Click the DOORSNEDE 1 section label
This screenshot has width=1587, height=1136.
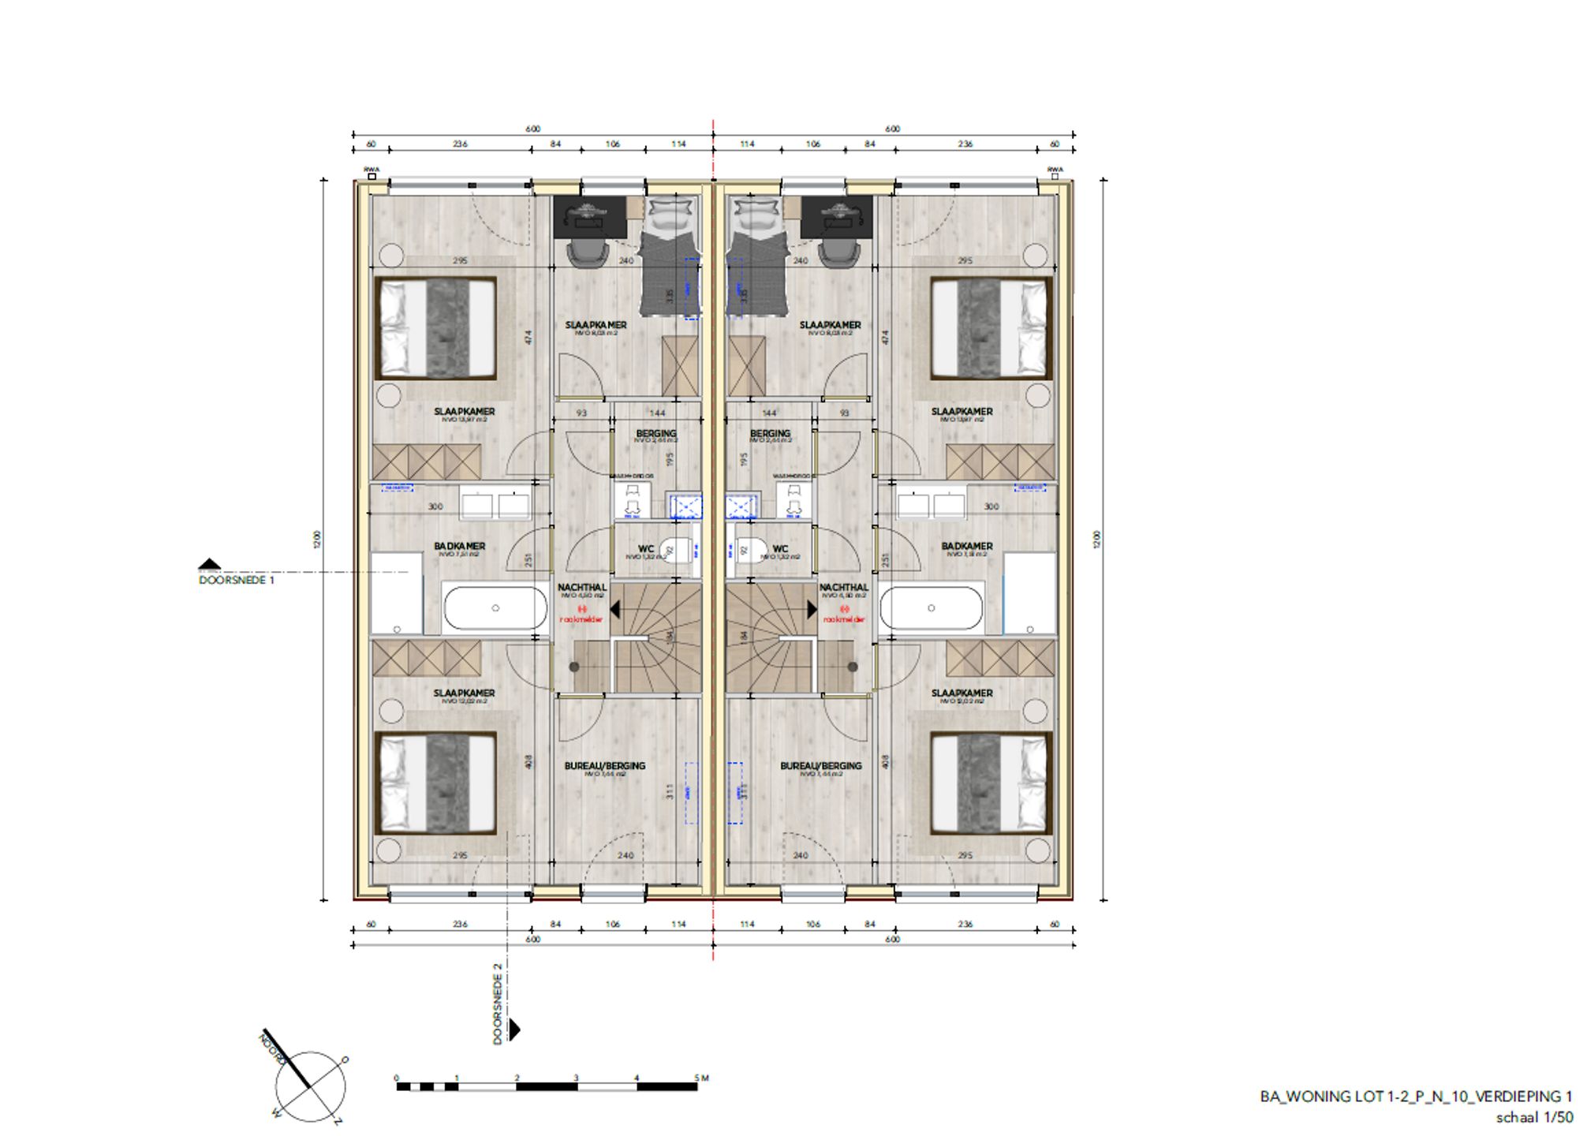point(237,580)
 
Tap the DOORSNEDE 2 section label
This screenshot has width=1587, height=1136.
point(498,1003)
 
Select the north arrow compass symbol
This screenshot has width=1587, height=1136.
point(309,1085)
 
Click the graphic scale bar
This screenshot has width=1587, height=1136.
point(547,1086)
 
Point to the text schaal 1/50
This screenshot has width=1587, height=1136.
point(1533,1118)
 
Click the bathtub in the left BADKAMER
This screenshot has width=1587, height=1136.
point(495,608)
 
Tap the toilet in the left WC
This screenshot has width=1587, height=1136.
point(674,550)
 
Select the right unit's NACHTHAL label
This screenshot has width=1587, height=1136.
point(843,588)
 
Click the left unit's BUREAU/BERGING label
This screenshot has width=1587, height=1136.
point(604,766)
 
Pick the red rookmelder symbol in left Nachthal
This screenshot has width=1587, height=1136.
point(582,610)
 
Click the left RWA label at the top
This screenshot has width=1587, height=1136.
point(371,170)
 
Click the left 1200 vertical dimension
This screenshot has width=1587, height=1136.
point(317,540)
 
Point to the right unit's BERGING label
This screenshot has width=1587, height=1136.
point(770,434)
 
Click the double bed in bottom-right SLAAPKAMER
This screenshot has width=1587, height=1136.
point(991,783)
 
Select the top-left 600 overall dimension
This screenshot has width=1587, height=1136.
point(532,129)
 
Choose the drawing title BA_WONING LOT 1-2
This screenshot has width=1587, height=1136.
point(1415,1097)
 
